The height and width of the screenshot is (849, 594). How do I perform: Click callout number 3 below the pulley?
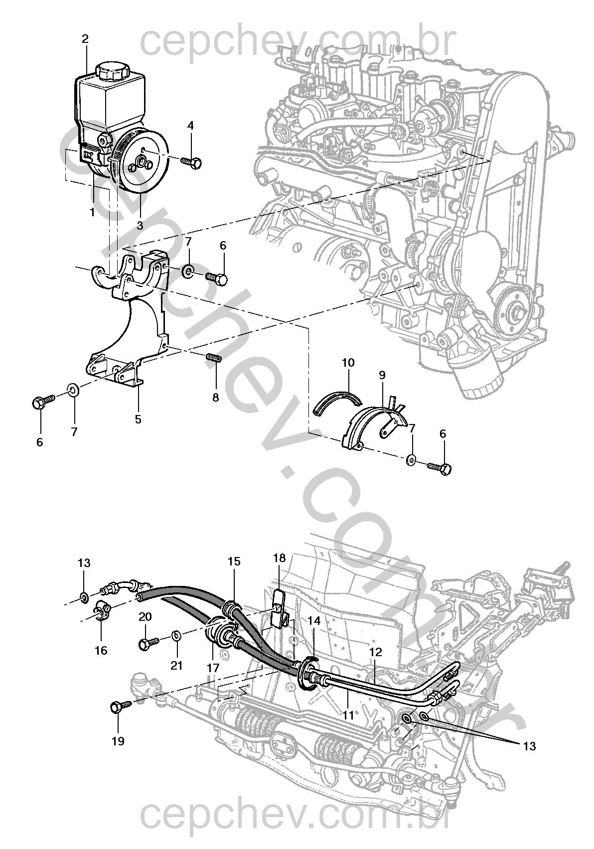140,225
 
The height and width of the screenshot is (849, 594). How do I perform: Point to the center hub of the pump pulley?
140,161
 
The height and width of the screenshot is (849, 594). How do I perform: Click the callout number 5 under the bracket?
138,419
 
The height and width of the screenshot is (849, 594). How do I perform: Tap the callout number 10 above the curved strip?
348,362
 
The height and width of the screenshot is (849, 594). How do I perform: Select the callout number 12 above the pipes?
375,651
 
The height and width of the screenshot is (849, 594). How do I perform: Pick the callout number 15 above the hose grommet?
234,561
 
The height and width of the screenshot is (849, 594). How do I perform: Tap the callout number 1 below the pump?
92,212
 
